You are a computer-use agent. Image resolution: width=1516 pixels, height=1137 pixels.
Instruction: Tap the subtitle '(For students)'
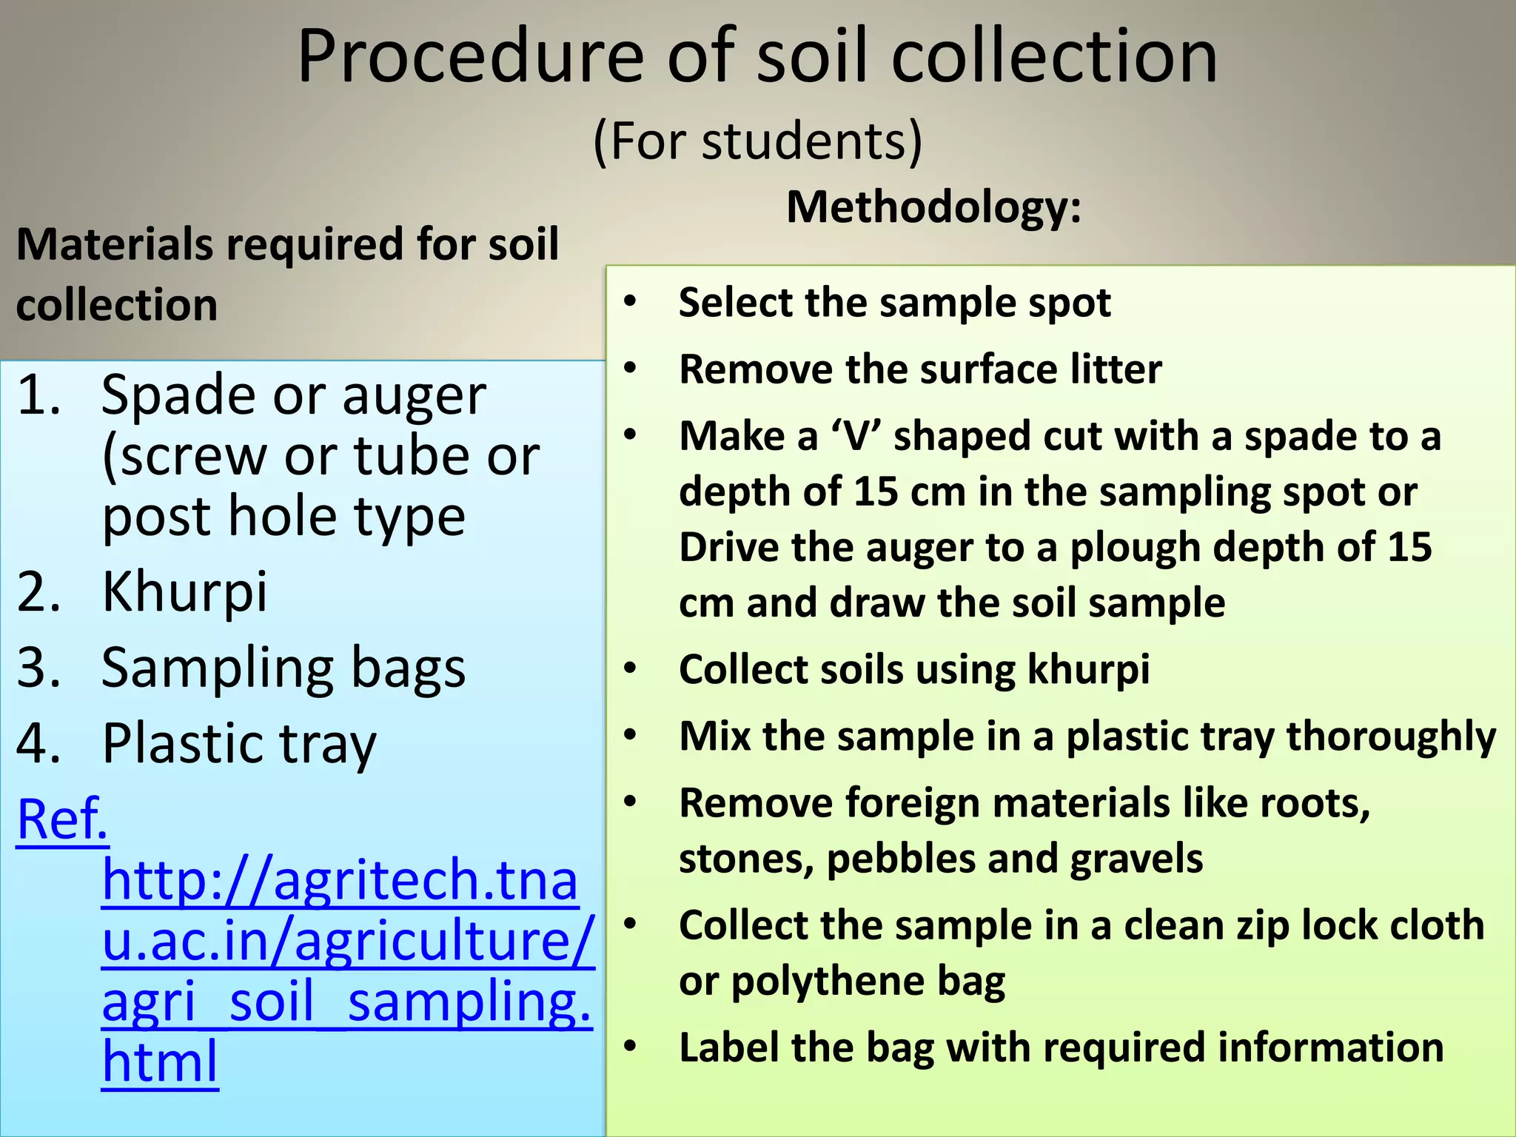(757, 141)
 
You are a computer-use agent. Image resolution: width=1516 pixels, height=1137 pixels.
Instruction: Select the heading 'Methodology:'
(933, 207)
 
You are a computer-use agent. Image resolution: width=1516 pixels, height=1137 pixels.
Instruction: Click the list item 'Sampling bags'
(284, 668)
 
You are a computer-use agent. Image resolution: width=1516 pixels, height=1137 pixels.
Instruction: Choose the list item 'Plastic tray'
(239, 744)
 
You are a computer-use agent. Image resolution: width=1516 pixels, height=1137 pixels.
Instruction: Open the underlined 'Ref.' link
(62, 819)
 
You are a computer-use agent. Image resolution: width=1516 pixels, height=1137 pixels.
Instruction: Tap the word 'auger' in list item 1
(414, 396)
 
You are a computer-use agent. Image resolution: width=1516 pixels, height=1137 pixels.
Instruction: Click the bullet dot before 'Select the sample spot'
(630, 302)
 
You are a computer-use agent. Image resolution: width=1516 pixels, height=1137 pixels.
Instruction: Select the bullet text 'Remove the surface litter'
(920, 369)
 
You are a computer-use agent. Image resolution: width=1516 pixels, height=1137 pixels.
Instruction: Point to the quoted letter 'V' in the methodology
(856, 436)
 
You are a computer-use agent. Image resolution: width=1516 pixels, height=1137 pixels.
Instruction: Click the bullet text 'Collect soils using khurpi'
(914, 669)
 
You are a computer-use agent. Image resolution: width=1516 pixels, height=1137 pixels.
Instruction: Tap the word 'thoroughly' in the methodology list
(1391, 737)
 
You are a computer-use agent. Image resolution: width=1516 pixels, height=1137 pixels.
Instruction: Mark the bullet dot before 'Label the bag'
(630, 1047)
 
